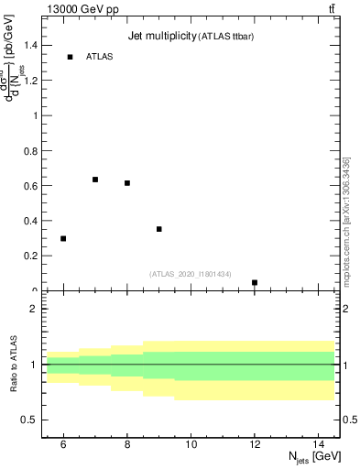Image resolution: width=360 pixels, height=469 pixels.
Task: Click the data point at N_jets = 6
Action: (x=63, y=238)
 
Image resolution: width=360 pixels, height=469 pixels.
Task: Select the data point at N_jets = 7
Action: (x=95, y=180)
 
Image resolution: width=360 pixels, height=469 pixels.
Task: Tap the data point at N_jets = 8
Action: (x=127, y=183)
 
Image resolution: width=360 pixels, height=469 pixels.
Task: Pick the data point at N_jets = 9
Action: (x=159, y=229)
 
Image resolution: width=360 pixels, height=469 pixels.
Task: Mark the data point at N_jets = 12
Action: (x=255, y=282)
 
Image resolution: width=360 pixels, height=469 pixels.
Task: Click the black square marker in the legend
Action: (x=70, y=57)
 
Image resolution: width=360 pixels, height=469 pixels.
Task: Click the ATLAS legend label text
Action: (x=99, y=57)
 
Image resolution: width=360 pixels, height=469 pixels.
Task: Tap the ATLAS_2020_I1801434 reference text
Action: (x=191, y=273)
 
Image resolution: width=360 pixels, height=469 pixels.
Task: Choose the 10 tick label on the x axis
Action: (x=191, y=444)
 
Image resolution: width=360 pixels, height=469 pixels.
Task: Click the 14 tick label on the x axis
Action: (x=319, y=444)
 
